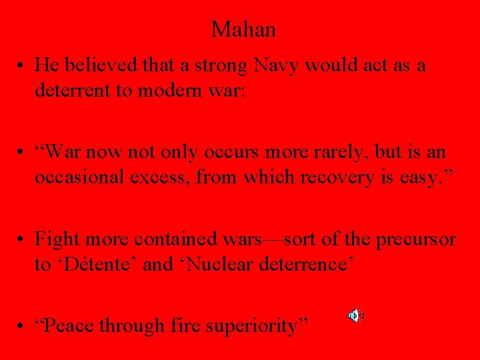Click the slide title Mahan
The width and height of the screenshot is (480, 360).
[243, 29]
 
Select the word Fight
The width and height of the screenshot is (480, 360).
[54, 238]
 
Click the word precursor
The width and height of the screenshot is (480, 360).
[417, 238]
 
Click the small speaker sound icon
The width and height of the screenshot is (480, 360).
[355, 315]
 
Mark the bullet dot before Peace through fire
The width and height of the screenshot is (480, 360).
[23, 326]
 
